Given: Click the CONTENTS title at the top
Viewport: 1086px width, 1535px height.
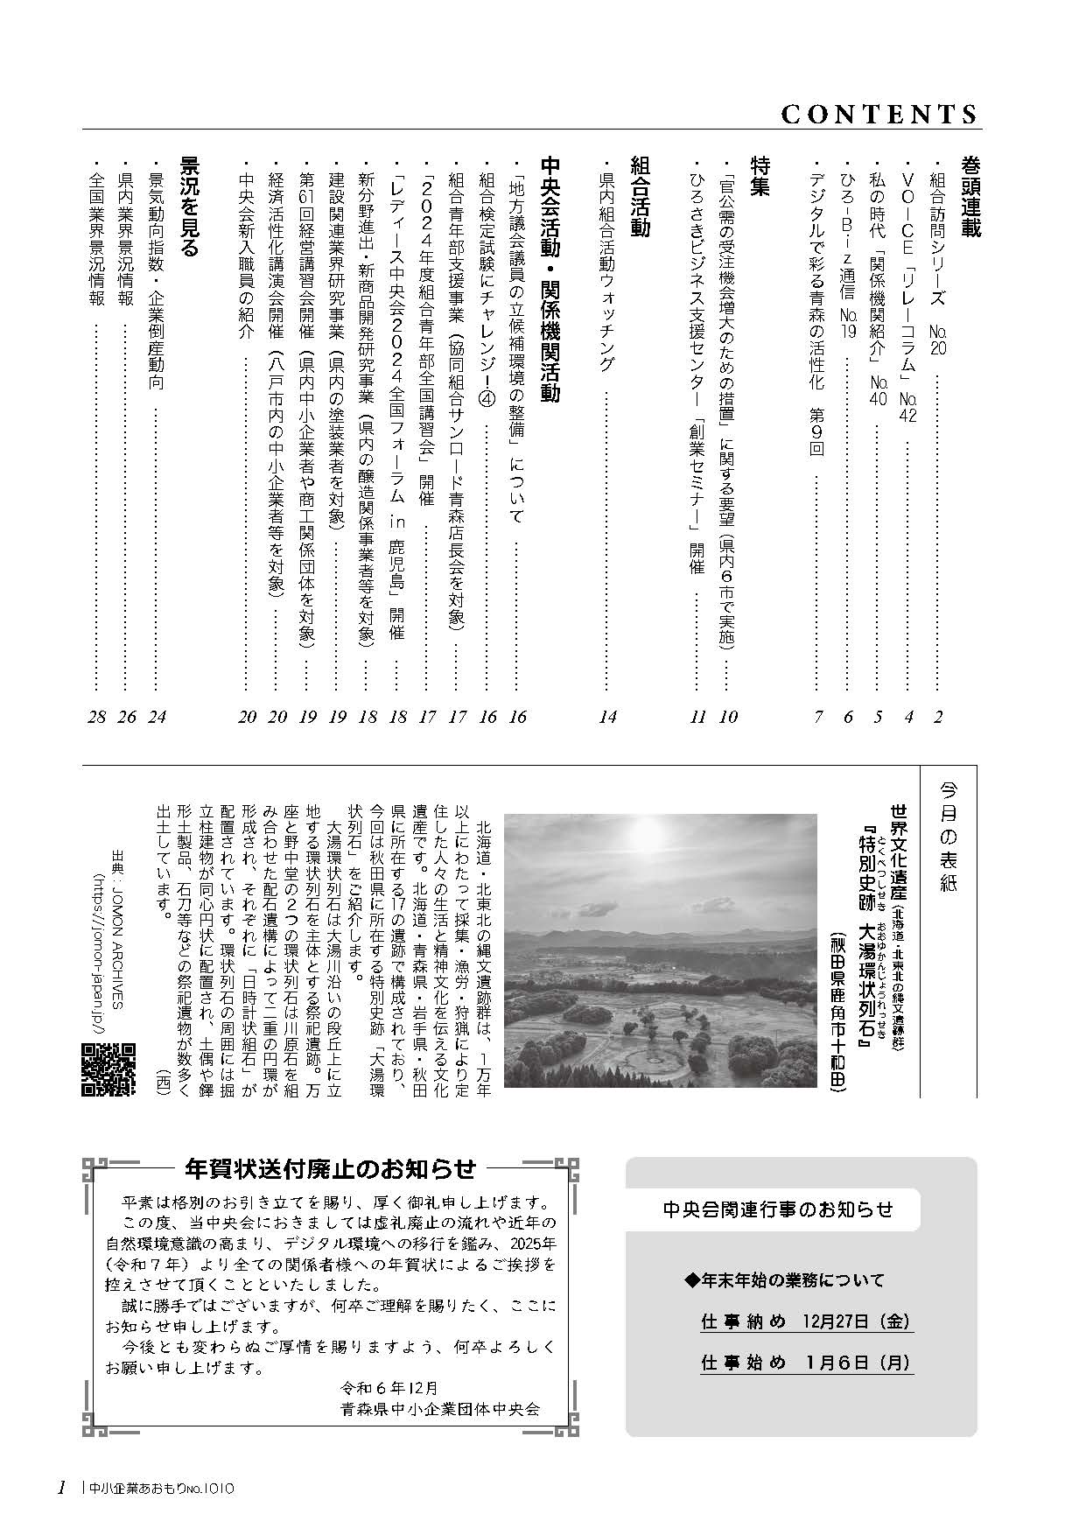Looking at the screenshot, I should coord(878,115).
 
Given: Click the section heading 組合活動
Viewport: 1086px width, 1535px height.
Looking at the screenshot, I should coord(640,197).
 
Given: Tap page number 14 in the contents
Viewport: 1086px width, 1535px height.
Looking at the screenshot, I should coord(607,717).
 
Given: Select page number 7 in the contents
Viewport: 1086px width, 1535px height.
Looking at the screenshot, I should coord(818,717).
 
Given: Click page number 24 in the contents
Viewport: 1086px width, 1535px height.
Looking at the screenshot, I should coord(158,717).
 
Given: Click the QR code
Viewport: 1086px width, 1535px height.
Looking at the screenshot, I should coord(109,1069).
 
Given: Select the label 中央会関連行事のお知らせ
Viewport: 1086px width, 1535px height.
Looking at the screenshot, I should coord(778,1210).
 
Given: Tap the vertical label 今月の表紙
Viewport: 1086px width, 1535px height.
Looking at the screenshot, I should coord(949,837).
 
